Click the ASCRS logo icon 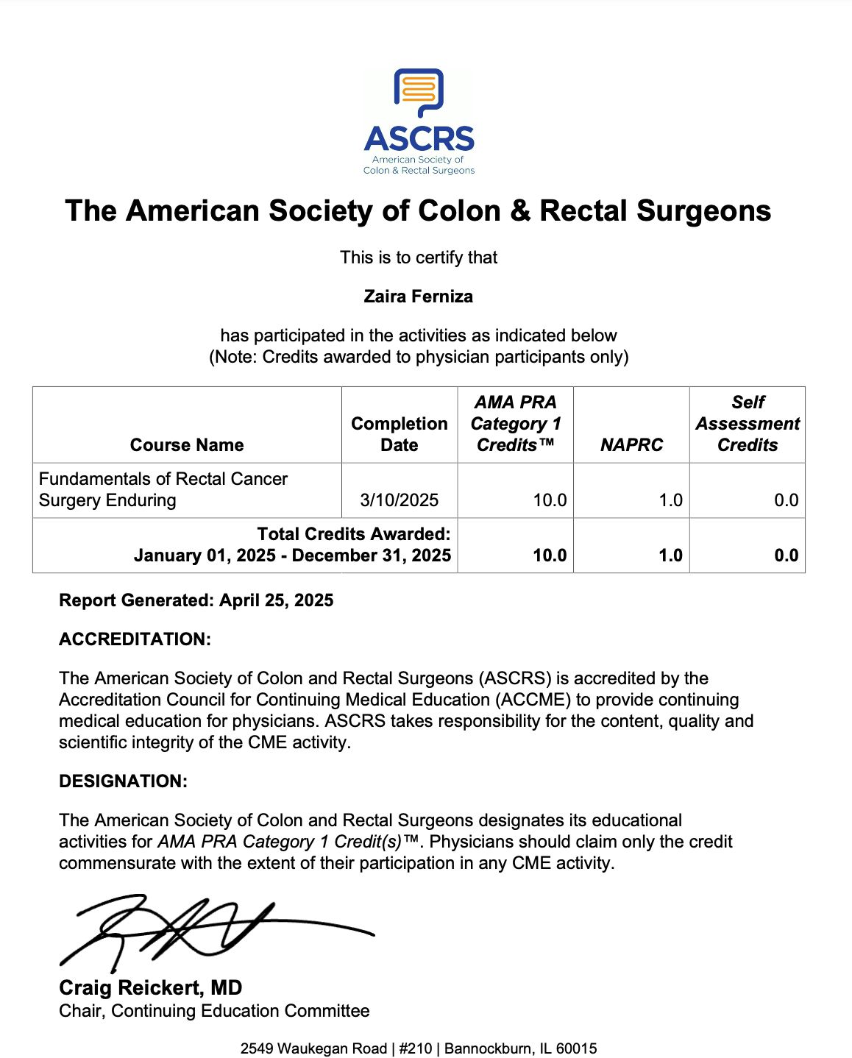click(419, 92)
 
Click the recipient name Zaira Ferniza click(418, 297)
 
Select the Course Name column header click(187, 445)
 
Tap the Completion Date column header click(400, 434)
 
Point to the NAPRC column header click(631, 445)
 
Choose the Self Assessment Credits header click(748, 424)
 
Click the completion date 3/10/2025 click(400, 500)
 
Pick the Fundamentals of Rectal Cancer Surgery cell click(163, 489)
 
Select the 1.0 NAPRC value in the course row click(670, 500)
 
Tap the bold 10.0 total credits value click(550, 555)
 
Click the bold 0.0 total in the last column click(786, 555)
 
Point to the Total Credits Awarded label click(354, 534)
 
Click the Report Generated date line click(196, 600)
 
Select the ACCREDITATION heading click(135, 639)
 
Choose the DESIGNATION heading click(123, 781)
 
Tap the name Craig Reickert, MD click(151, 987)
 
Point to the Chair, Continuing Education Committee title click(214, 1011)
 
